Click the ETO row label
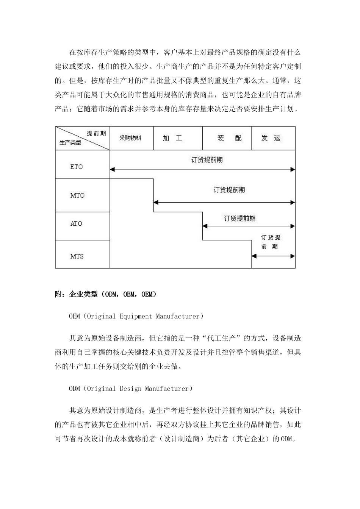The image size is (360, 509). (x=76, y=167)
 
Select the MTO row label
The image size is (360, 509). (x=77, y=195)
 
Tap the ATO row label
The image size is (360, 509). (x=76, y=223)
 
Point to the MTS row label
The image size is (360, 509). (x=77, y=256)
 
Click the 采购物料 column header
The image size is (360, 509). (x=130, y=138)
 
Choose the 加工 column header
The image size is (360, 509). (x=172, y=138)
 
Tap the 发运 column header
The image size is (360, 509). (x=271, y=138)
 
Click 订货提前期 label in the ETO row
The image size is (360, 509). (x=207, y=159)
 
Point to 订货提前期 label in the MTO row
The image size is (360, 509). (x=229, y=189)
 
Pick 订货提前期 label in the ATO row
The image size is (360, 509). (x=239, y=218)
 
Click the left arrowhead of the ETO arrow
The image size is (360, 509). (x=112, y=170)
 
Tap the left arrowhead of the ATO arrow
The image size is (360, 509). (x=205, y=226)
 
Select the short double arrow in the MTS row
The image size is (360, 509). (x=273, y=256)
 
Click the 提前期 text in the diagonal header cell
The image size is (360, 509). (x=96, y=133)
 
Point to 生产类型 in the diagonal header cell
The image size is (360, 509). (x=70, y=143)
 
